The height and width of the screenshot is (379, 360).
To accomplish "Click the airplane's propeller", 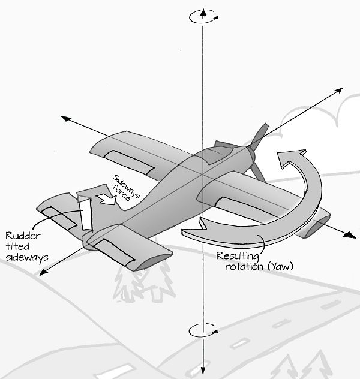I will [257, 150].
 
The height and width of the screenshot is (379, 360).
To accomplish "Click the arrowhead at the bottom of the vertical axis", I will [203, 370].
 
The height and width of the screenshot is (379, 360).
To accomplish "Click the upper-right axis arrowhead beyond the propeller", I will [339, 91].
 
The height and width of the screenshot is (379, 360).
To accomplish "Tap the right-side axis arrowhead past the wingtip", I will [348, 235].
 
